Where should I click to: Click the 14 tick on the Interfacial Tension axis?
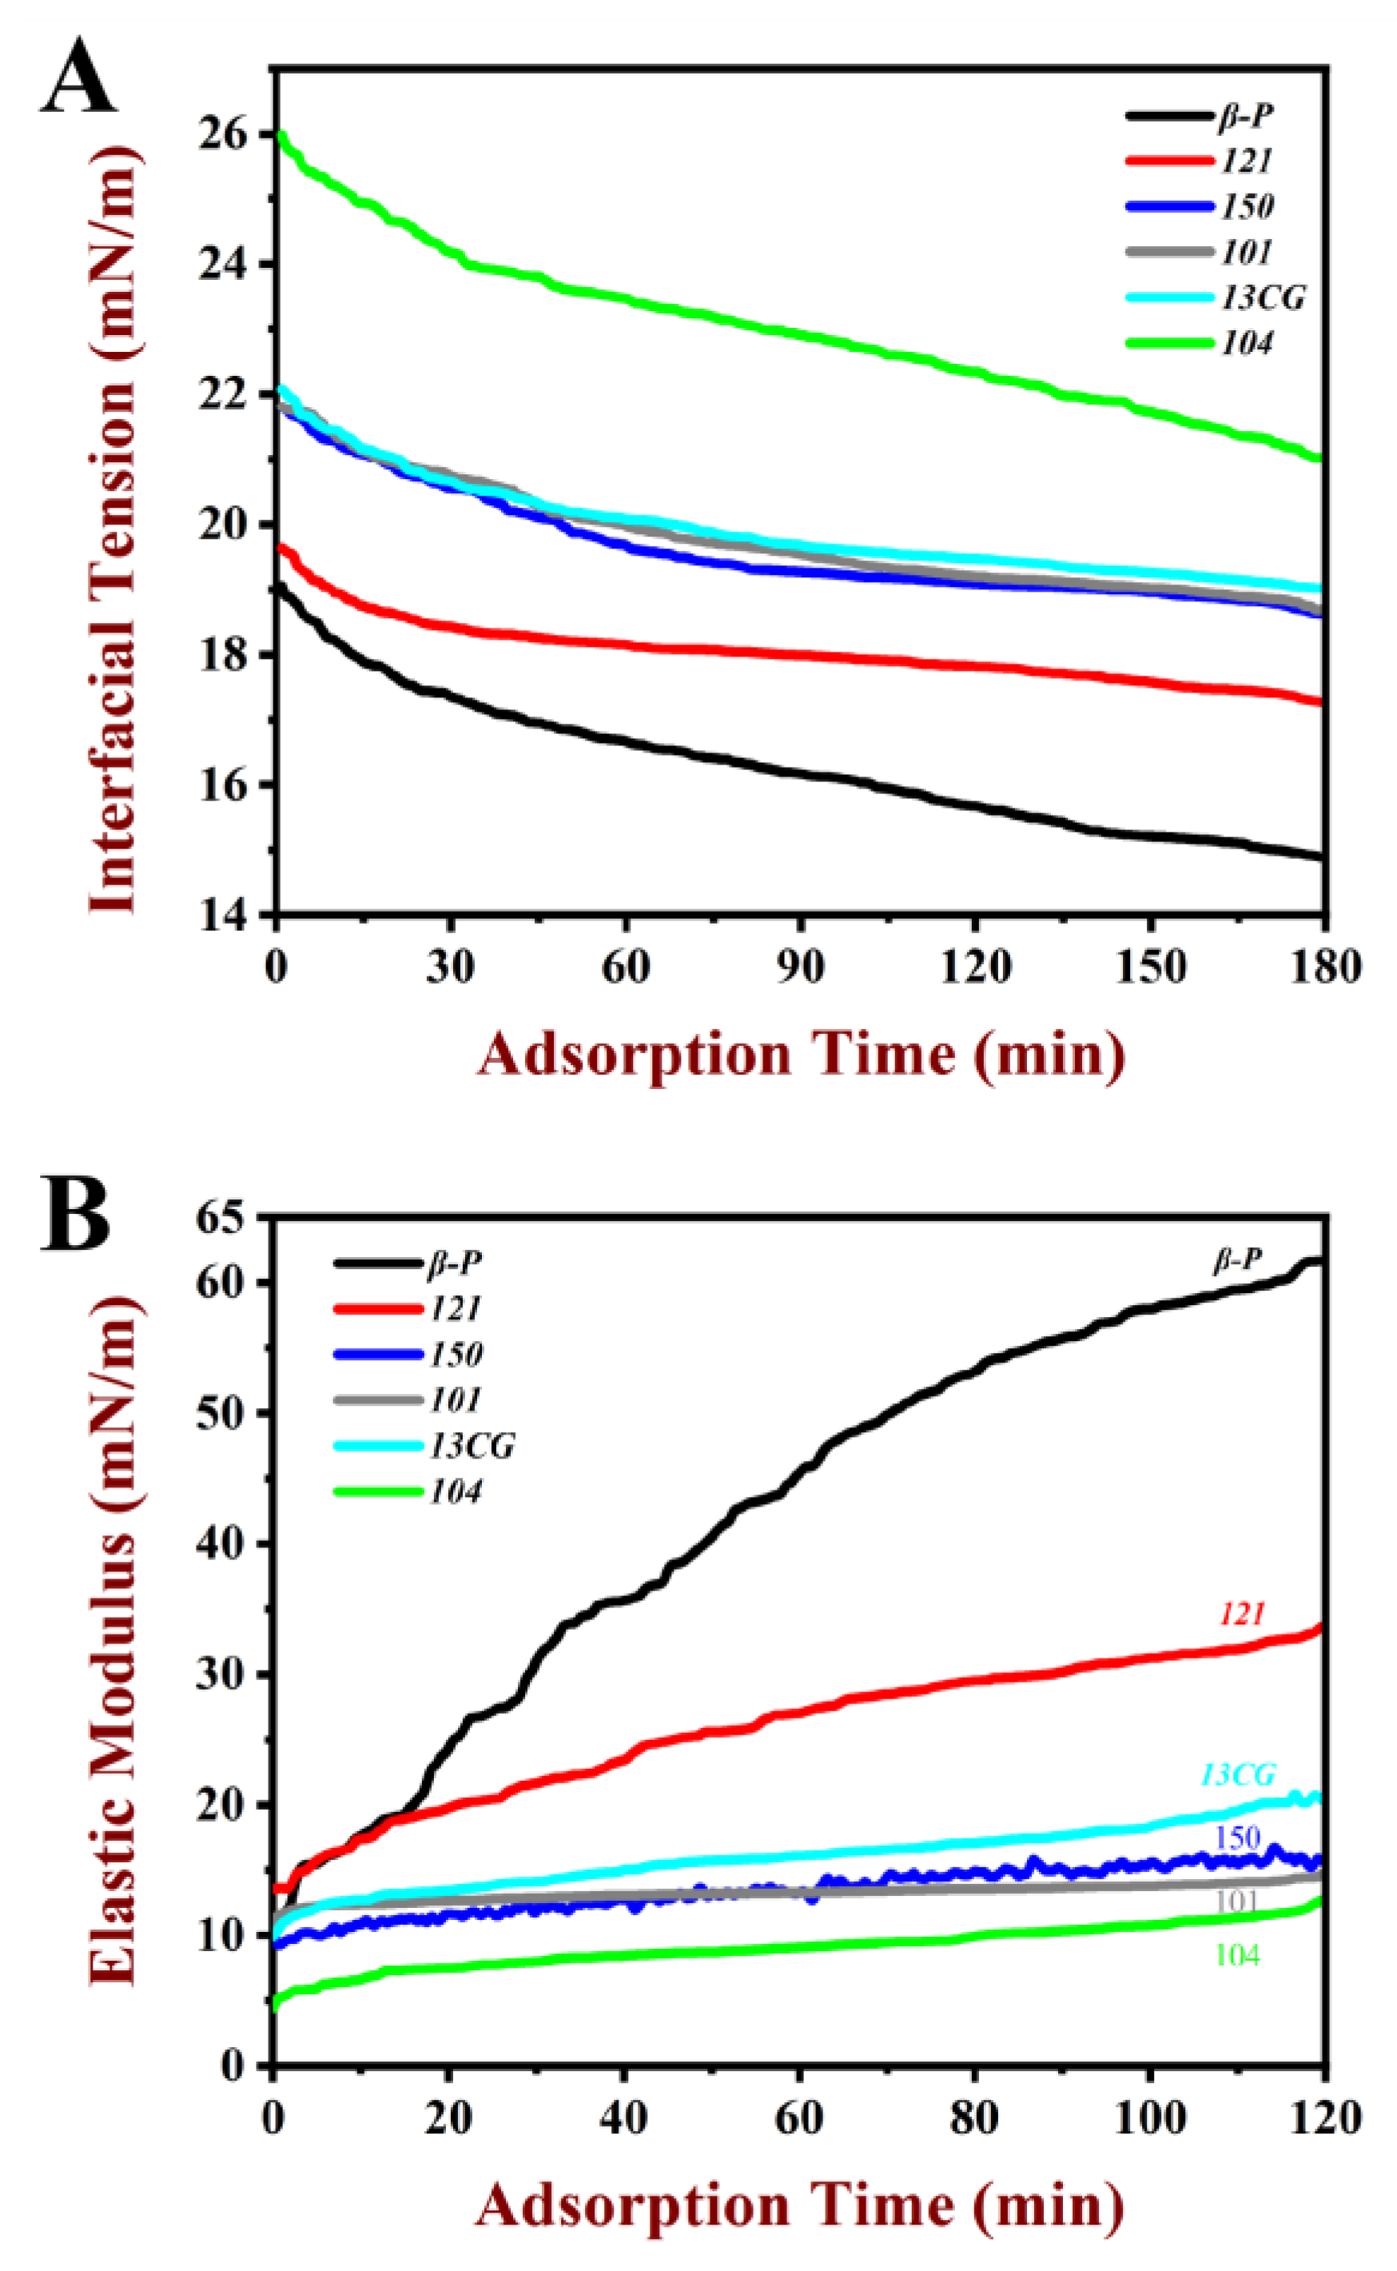pyautogui.click(x=221, y=915)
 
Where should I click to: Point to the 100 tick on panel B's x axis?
pyautogui.click(x=1149, y=2117)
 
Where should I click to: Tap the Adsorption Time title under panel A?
pyautogui.click(x=800, y=1055)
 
